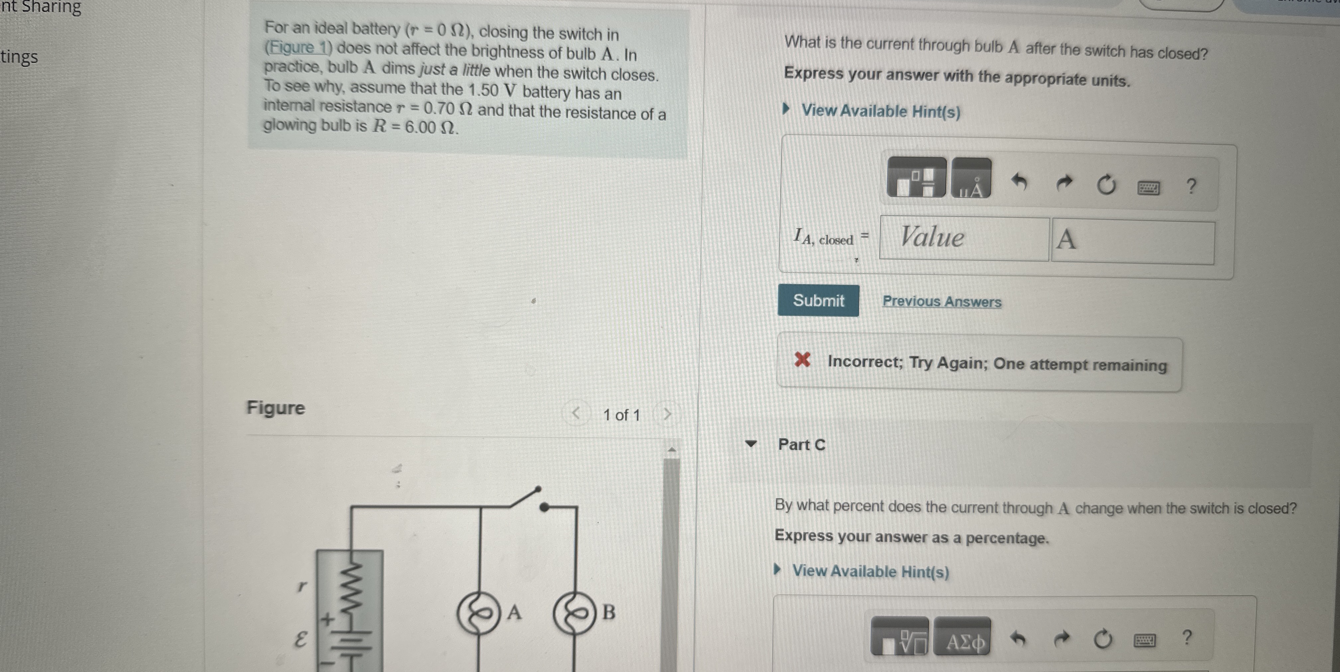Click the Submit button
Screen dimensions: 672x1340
coord(818,301)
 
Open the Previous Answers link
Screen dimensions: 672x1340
coord(942,302)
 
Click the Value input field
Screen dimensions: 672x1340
coord(964,238)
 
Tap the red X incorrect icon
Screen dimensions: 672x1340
coord(802,359)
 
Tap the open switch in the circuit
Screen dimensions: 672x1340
coord(525,498)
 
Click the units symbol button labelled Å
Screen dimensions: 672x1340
coord(971,179)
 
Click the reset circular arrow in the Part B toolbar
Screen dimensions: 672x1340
coord(1106,185)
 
